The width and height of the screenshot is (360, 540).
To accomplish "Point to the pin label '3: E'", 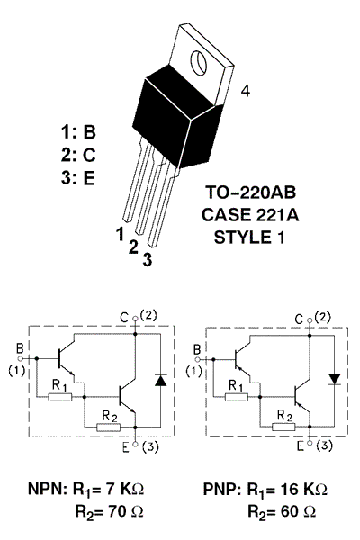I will [77, 177].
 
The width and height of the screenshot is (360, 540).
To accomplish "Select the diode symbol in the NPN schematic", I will [160, 380].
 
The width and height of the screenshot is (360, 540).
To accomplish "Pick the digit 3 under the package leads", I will [148, 260].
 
